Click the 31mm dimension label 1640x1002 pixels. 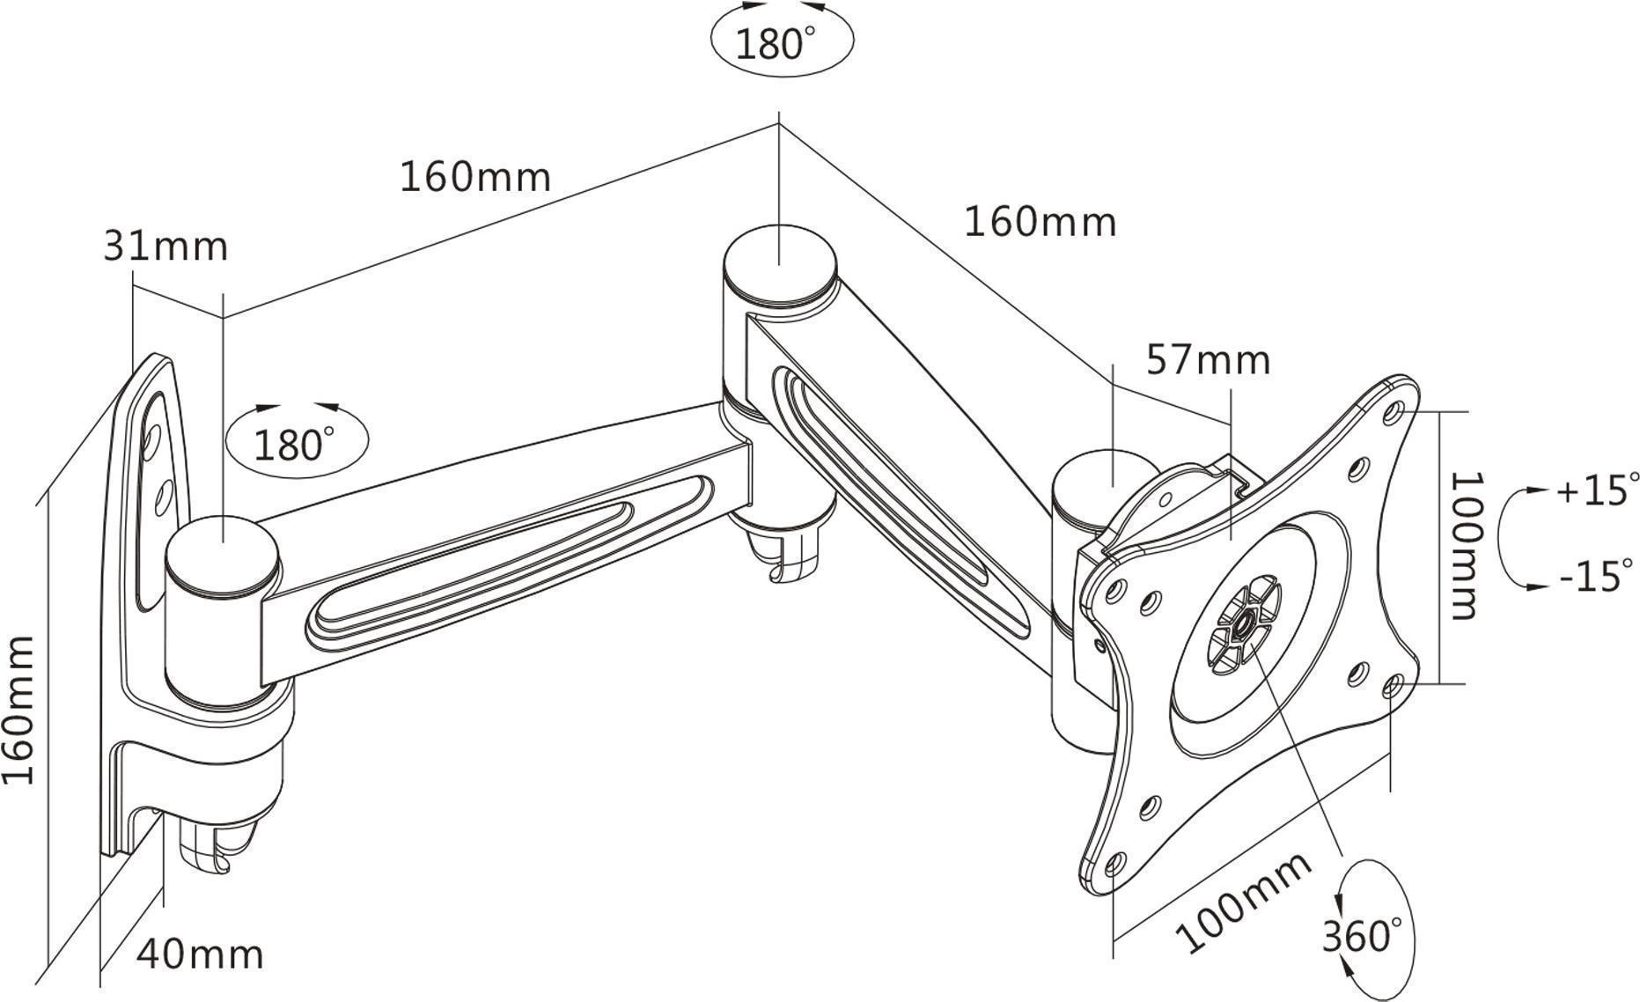click(165, 247)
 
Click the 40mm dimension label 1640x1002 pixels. click(200, 954)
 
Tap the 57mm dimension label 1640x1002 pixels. click(1208, 360)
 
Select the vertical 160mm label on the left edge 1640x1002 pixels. click(19, 710)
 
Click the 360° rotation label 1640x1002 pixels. click(1362, 935)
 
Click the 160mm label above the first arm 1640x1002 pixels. click(475, 177)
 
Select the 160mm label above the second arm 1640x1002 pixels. click(1040, 222)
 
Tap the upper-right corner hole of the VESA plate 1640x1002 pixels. click(1394, 410)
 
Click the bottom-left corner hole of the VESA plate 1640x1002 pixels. click(1114, 864)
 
